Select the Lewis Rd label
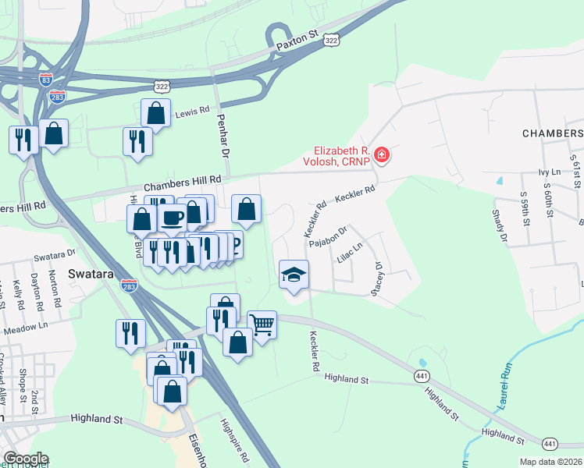[191, 112]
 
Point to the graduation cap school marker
[294, 275]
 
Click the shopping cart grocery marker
[262, 324]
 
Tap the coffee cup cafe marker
[172, 216]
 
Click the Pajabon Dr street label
[327, 242]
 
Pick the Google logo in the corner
[26, 459]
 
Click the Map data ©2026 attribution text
[550, 462]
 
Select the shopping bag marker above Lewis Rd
[156, 112]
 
